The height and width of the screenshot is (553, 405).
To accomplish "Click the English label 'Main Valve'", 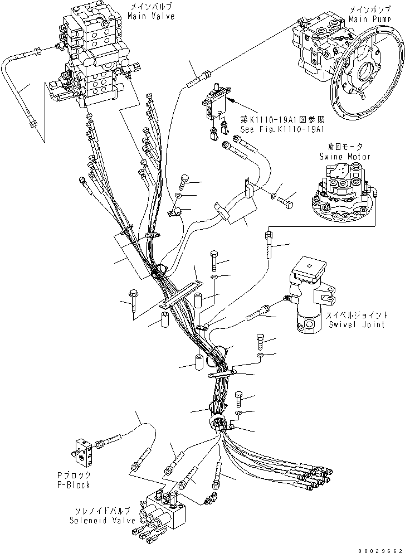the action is coord(151,16).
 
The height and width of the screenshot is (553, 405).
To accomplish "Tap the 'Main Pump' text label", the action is coord(370,19).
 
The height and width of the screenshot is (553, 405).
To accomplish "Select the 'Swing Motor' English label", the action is coord(345,156).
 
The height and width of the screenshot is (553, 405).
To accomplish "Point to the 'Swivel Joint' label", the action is coord(357,324).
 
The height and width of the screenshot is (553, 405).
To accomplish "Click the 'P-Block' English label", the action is coord(74,484).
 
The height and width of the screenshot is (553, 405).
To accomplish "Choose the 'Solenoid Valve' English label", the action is coord(102,520).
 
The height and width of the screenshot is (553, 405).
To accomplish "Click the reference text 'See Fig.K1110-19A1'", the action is coord(282,129).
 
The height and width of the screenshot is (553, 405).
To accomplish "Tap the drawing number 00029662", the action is coord(380,550).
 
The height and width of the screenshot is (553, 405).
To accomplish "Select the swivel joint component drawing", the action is coord(311,294).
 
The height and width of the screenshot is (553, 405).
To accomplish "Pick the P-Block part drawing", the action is coord(83,452).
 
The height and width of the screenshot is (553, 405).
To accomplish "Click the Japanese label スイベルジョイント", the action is coord(357,315).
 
